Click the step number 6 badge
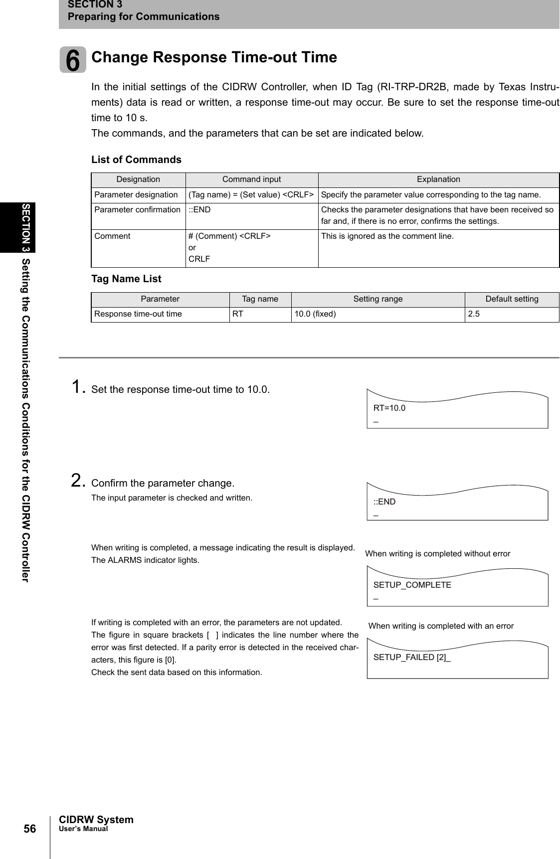click(x=73, y=59)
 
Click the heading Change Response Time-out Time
click(x=214, y=57)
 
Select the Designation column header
click(x=138, y=179)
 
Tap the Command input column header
click(x=251, y=179)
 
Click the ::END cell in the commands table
click(x=199, y=210)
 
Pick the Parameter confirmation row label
click(x=138, y=210)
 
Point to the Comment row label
click(x=113, y=236)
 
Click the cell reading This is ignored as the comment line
click(x=387, y=236)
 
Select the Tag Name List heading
click(x=126, y=279)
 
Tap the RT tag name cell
click(x=238, y=314)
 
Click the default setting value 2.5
click(x=474, y=314)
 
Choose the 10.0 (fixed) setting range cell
click(x=315, y=314)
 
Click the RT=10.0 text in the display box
click(x=389, y=408)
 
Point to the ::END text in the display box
click(x=384, y=502)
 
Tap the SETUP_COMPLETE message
click(x=412, y=585)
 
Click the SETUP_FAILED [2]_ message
click(x=412, y=657)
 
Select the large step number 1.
click(x=78, y=386)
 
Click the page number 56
click(x=30, y=829)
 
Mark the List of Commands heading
click(x=136, y=160)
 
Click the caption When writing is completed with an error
click(x=441, y=626)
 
